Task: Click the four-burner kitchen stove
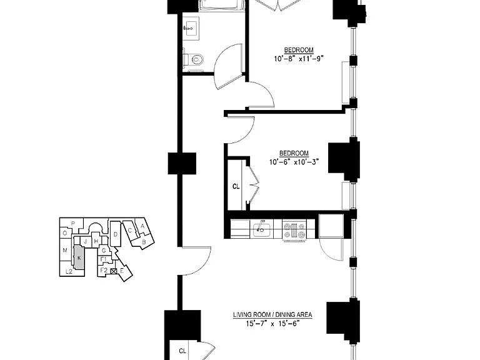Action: [294, 230]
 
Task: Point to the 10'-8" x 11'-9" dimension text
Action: [299, 59]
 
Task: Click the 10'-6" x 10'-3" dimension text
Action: [294, 162]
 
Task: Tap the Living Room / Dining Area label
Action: [272, 315]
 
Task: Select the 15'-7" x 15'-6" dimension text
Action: [272, 324]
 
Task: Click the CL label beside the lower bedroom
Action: [236, 186]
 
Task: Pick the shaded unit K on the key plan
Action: [79, 257]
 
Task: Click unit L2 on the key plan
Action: [69, 271]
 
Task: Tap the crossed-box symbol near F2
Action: [114, 271]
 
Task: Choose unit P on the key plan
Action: [73, 223]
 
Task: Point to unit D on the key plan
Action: [116, 234]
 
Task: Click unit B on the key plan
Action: [144, 241]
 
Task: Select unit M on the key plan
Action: [65, 251]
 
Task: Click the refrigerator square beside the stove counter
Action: [331, 226]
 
